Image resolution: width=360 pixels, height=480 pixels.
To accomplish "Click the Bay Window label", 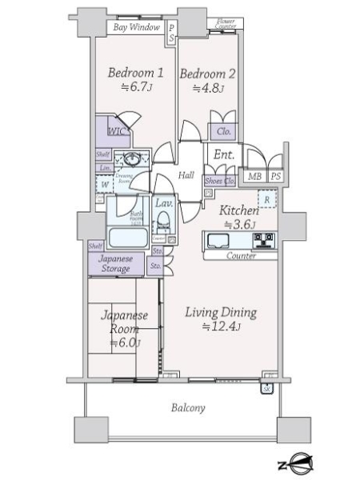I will [137, 27].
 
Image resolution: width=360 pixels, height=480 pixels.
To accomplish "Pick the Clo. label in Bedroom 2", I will [222, 132].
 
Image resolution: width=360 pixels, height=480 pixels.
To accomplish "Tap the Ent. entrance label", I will [224, 155].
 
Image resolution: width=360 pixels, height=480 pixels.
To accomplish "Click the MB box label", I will [254, 177].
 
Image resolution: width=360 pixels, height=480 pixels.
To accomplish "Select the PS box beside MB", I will [275, 177].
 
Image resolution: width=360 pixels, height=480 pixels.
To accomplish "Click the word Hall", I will [186, 175].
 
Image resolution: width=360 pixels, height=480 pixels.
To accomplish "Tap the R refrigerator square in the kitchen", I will [266, 198].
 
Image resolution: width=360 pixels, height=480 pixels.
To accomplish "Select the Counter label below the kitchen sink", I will [241, 256].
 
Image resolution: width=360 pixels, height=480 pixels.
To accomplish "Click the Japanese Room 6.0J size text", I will [125, 343].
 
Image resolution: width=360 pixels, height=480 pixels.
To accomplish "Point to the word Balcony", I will [188, 408].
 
